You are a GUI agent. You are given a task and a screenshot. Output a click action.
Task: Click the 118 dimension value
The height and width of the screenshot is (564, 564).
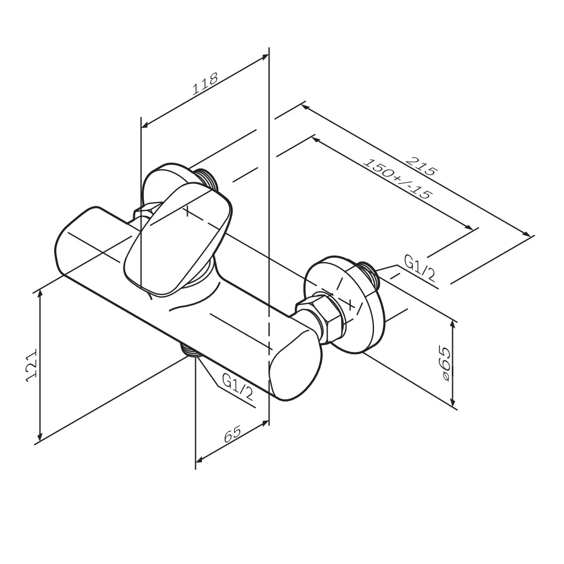[205, 84]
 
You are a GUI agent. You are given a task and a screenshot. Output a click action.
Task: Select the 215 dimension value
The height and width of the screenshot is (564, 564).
[421, 166]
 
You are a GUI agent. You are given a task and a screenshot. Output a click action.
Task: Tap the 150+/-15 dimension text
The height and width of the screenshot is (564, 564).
[397, 179]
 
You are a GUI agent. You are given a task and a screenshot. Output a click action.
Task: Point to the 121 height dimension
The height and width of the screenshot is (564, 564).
[32, 364]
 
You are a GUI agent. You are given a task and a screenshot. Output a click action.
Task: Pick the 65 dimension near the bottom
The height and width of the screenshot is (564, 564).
[232, 434]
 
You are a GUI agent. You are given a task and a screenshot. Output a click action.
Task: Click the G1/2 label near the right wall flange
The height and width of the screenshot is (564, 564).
[420, 268]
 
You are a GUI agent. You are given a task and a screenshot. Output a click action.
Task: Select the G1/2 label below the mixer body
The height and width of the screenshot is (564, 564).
[237, 387]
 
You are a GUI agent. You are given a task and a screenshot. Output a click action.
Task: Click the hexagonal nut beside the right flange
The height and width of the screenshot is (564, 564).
[321, 316]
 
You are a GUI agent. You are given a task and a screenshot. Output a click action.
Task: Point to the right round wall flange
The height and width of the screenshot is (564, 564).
[344, 305]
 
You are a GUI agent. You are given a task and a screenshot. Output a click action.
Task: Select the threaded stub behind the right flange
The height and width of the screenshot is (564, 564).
[368, 274]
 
